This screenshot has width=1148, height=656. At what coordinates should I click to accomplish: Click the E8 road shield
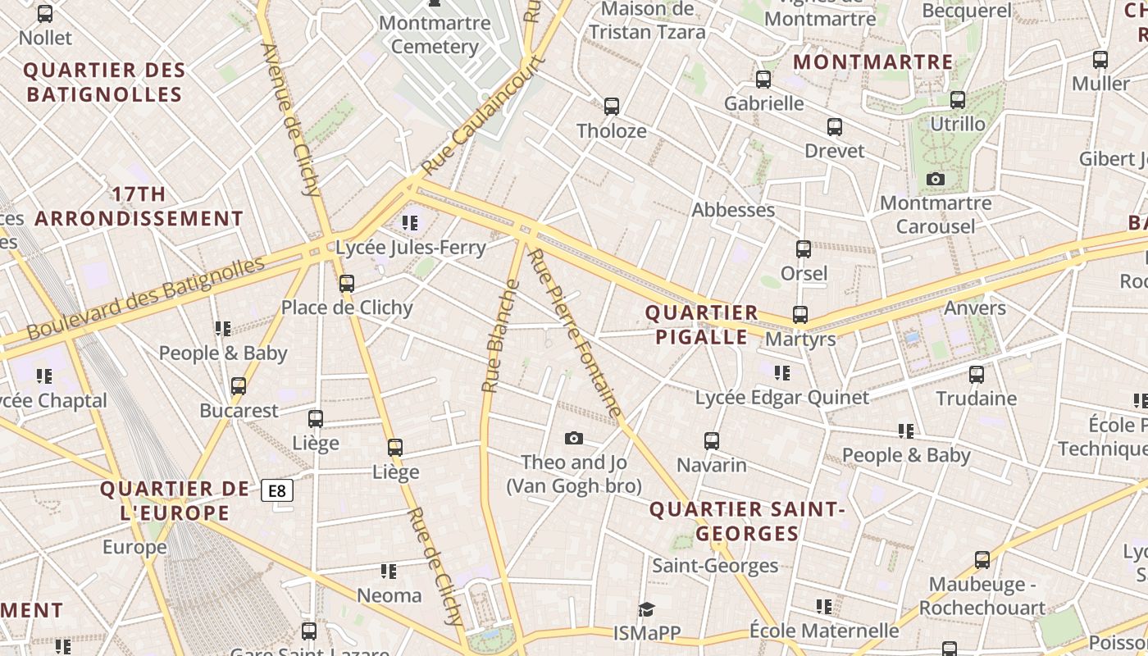click(x=277, y=491)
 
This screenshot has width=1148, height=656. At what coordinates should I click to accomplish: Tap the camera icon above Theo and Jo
click(x=574, y=439)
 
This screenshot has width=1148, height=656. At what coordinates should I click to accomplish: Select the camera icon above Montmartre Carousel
click(x=935, y=179)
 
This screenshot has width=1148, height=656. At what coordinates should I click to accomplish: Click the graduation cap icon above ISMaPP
click(x=647, y=609)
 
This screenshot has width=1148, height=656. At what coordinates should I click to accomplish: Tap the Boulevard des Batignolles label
click(x=146, y=298)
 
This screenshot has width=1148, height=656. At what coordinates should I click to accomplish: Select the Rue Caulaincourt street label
click(x=484, y=115)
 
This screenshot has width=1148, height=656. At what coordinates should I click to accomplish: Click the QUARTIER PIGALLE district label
click(x=701, y=325)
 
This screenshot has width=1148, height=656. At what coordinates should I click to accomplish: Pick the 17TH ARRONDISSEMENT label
click(x=139, y=207)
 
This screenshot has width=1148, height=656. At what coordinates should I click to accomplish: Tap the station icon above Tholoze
click(x=612, y=106)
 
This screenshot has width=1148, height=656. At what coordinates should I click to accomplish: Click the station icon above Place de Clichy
click(x=347, y=284)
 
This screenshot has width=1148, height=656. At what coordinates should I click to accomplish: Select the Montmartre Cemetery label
click(x=435, y=34)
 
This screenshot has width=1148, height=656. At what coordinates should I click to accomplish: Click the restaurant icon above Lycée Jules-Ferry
click(x=410, y=222)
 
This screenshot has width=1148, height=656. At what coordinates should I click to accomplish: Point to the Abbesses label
click(x=733, y=210)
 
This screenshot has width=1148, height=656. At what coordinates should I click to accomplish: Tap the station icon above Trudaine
click(x=977, y=375)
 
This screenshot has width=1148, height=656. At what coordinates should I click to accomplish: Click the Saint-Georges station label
click(x=715, y=566)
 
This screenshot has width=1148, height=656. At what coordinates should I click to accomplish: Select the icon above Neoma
click(x=389, y=571)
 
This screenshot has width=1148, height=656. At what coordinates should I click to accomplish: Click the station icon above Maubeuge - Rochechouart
click(x=982, y=560)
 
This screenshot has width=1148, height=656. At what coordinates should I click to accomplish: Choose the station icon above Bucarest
click(x=239, y=385)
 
